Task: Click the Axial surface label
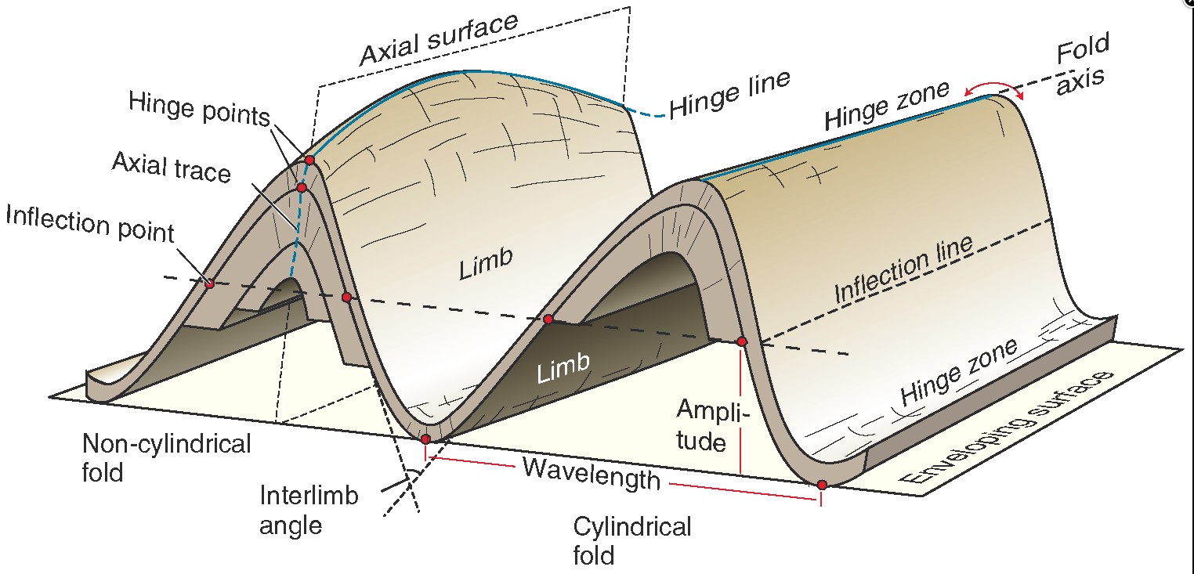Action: click(439, 39)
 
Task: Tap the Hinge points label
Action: click(199, 108)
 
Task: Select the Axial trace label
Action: click(172, 167)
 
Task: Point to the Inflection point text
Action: click(89, 225)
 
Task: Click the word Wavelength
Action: click(592, 473)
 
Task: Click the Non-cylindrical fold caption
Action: click(166, 457)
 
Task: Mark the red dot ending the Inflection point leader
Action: click(209, 283)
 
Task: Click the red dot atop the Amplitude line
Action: click(741, 341)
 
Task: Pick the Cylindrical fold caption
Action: click(631, 540)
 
